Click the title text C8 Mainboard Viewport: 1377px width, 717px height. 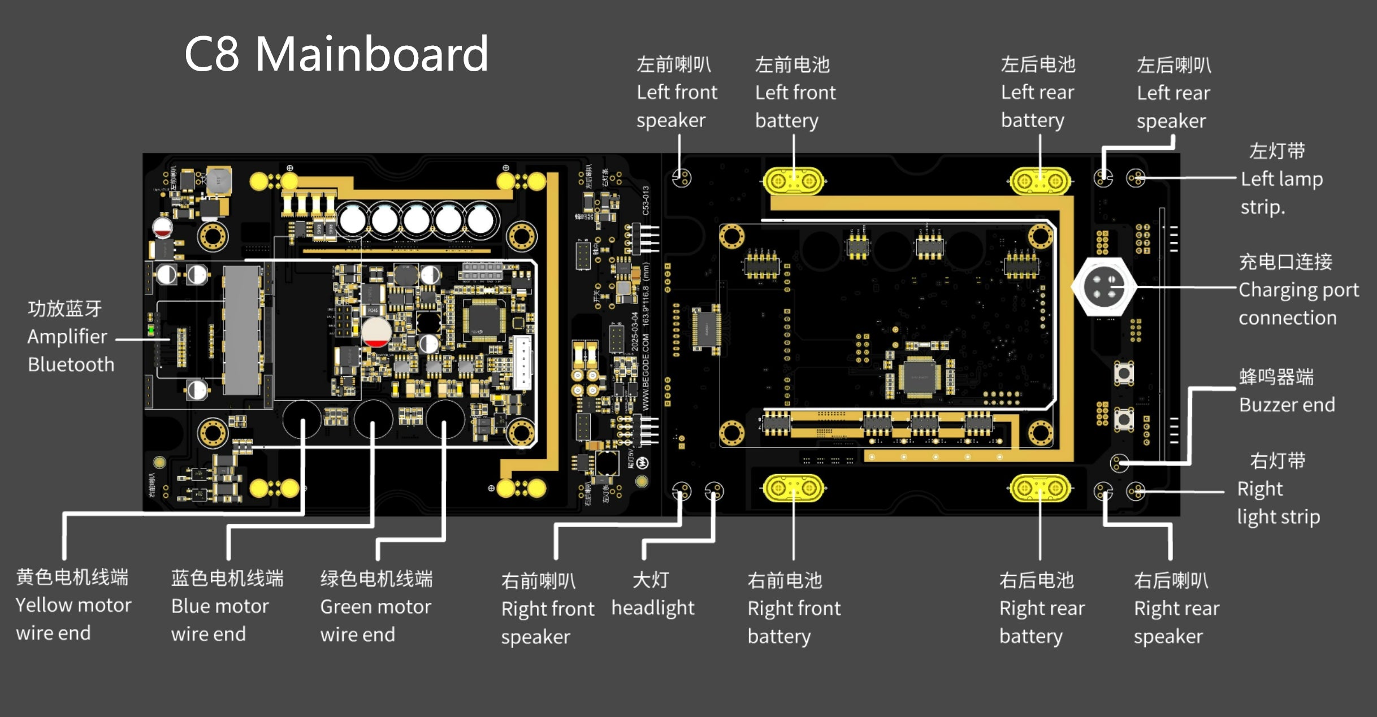[336, 54]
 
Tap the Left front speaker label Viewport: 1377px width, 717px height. [676, 93]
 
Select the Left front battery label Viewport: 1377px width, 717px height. [795, 93]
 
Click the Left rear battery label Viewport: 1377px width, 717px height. [1037, 93]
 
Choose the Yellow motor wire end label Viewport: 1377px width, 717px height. [73, 605]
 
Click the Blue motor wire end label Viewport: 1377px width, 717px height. [226, 606]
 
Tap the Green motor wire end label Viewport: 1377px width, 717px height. [376, 607]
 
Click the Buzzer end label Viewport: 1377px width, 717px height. [1286, 391]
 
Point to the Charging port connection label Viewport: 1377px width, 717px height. [1298, 290]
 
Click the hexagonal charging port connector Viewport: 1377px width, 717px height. [1103, 287]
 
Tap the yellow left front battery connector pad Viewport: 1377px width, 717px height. [794, 181]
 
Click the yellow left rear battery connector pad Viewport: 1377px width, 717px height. [1040, 181]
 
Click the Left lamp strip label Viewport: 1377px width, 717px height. [1281, 179]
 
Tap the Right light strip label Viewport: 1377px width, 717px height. [1278, 489]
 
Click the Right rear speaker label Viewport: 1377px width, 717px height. [1176, 609]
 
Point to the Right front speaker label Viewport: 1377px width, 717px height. [547, 609]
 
